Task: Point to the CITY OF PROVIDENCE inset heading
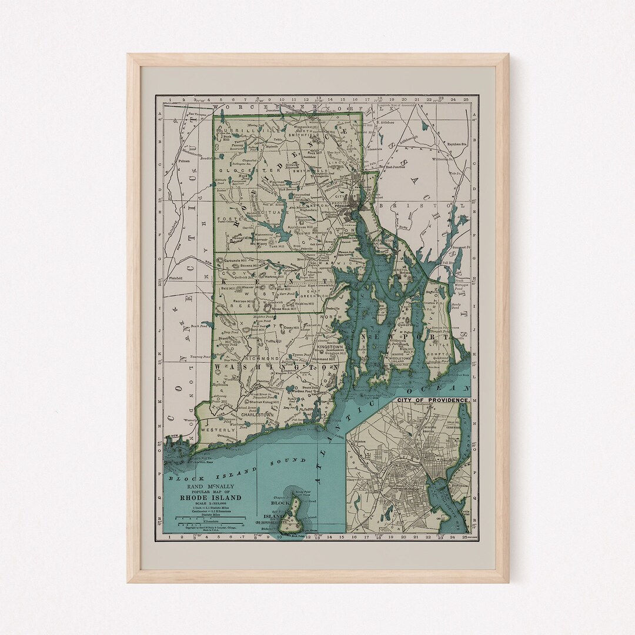(x=433, y=400)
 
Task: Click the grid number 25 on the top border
(x=465, y=100)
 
